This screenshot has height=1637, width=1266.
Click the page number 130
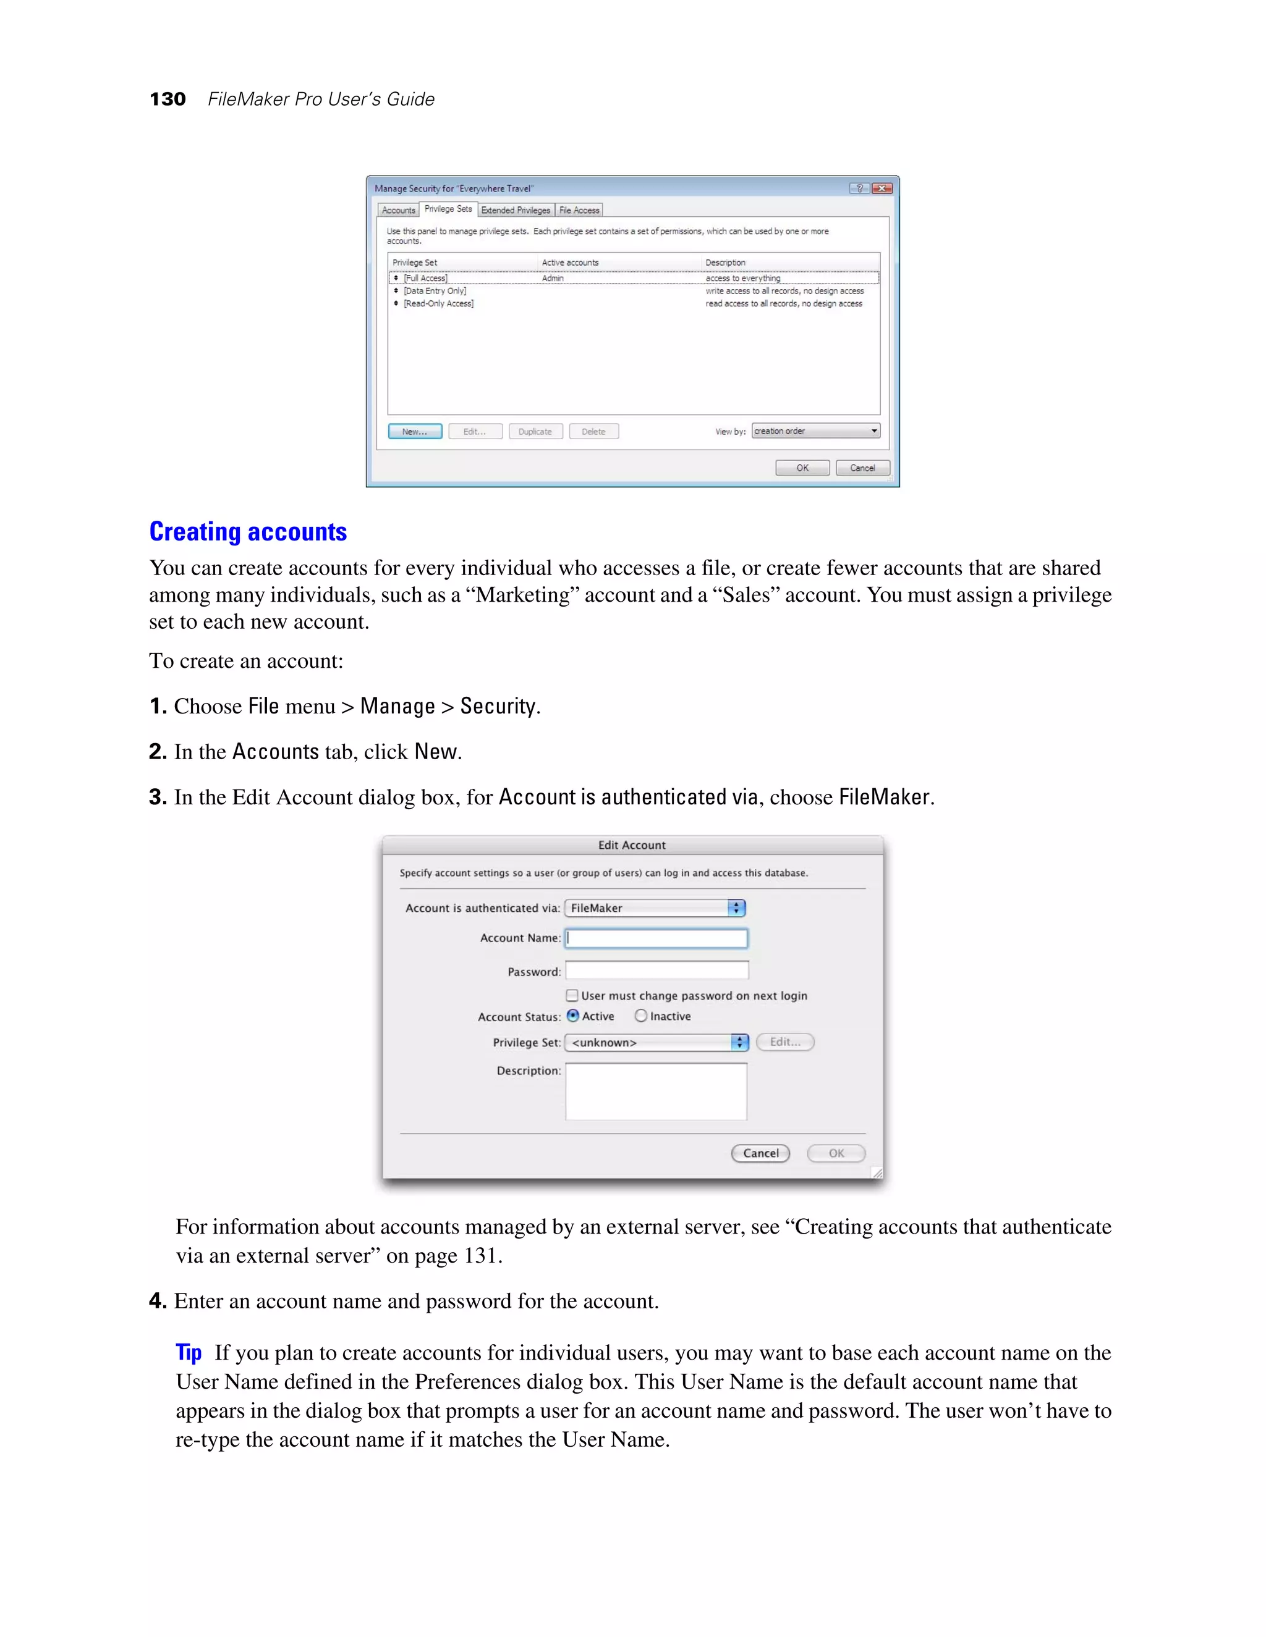click(x=168, y=99)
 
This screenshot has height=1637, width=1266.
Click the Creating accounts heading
click(x=247, y=531)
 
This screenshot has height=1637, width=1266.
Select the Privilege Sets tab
click(x=448, y=209)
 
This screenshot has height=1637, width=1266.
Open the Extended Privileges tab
click(x=516, y=211)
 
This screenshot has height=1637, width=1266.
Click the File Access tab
click(x=579, y=211)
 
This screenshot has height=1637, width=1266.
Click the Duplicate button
click(x=535, y=432)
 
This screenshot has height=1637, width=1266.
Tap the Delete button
click(x=593, y=432)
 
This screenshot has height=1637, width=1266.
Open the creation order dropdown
click(x=815, y=431)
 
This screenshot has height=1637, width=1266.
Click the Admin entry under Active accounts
click(x=553, y=278)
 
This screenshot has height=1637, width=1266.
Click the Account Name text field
click(x=656, y=938)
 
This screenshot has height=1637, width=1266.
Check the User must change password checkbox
click(x=572, y=995)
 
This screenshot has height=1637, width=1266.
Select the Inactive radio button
click(x=640, y=1016)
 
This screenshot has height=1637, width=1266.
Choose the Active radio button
click(x=573, y=1016)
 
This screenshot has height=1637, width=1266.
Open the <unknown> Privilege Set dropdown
click(x=656, y=1043)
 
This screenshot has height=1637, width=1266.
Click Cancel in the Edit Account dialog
click(x=760, y=1153)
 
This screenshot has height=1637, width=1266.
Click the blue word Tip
click(x=189, y=1352)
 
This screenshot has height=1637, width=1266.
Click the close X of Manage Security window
click(x=882, y=189)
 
